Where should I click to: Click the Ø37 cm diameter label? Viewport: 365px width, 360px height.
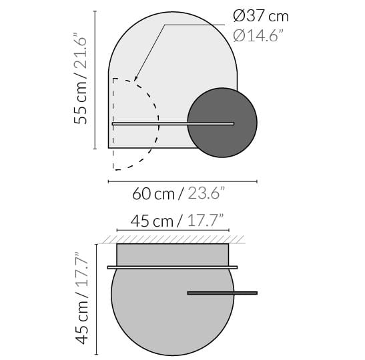(x=261, y=16)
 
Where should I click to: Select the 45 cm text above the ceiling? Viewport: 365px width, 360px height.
(x=151, y=221)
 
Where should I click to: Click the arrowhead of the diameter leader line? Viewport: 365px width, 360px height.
(x=135, y=79)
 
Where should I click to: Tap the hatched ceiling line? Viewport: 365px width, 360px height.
(x=173, y=239)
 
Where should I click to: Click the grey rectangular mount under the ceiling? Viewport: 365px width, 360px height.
(x=173, y=255)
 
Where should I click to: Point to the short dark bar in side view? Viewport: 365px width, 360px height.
(x=222, y=293)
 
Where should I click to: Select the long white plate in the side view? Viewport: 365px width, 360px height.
(x=172, y=267)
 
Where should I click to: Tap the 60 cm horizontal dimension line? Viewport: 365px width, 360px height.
(x=182, y=181)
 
